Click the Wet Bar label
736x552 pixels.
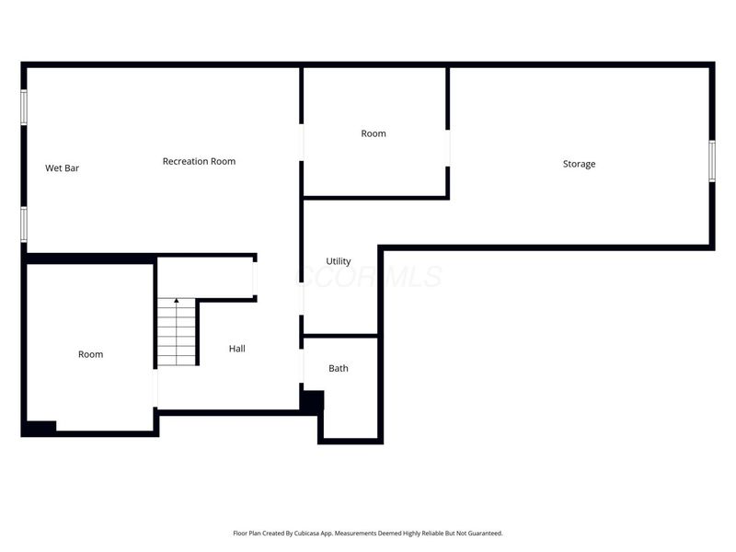63,168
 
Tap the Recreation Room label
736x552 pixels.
199,161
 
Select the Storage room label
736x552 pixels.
579,164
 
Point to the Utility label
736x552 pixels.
339,261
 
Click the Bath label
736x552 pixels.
339,368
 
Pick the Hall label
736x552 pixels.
237,349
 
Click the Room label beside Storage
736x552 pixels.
374,133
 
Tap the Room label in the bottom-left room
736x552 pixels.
90,354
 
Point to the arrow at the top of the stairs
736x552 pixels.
176,301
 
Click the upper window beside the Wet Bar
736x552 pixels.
25,106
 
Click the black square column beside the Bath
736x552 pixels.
313,400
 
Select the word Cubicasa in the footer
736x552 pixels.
312,533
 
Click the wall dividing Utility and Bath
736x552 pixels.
340,336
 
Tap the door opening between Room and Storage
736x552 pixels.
448,147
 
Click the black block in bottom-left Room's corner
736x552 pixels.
40,428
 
